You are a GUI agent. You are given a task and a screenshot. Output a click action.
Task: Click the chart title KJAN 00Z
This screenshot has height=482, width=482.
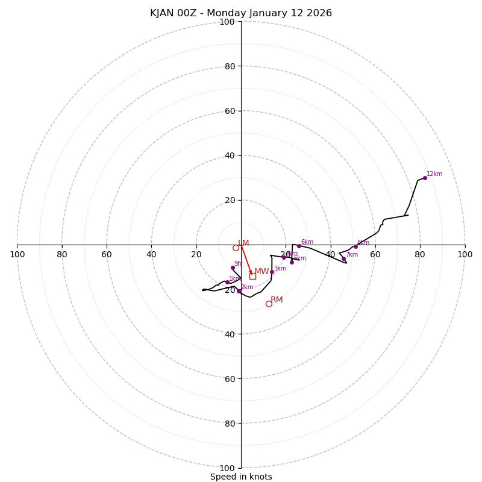[241, 13]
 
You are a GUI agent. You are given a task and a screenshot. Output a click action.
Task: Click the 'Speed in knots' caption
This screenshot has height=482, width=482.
[241, 477]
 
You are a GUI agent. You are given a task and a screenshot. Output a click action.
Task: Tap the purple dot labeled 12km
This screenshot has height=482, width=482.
[425, 178]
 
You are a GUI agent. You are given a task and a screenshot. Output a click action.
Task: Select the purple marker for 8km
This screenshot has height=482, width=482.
[355, 246]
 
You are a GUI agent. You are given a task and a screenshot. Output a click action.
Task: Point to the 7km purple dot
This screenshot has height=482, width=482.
[344, 259]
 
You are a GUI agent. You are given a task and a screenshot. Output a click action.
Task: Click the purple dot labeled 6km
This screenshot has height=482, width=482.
[299, 246]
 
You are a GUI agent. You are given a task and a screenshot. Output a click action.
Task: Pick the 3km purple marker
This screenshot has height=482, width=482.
[272, 272]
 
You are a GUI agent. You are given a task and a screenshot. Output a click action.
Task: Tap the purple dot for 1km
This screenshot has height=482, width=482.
[227, 282]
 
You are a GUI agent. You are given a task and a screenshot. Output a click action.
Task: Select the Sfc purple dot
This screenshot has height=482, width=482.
[233, 268]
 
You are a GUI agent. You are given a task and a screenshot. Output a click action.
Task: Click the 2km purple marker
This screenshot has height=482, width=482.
[239, 291]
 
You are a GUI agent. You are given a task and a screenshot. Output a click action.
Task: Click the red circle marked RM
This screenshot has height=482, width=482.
[269, 304]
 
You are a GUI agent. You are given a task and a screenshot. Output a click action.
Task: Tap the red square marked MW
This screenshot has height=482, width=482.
[252, 275]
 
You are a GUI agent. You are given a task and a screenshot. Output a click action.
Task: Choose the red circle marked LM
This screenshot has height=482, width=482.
[236, 248]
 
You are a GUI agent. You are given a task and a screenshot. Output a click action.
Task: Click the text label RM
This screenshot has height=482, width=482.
[277, 299]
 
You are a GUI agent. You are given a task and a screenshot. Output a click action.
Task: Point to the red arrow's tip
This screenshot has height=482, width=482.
[251, 274]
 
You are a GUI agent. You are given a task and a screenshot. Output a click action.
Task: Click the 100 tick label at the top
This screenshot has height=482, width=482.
[227, 22]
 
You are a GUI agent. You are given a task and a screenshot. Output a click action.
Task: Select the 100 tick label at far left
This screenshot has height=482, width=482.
[17, 254]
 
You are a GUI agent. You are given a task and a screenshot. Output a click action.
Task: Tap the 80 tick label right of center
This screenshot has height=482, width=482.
[420, 254]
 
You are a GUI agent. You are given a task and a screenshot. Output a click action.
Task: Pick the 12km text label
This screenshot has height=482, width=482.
[434, 174]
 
